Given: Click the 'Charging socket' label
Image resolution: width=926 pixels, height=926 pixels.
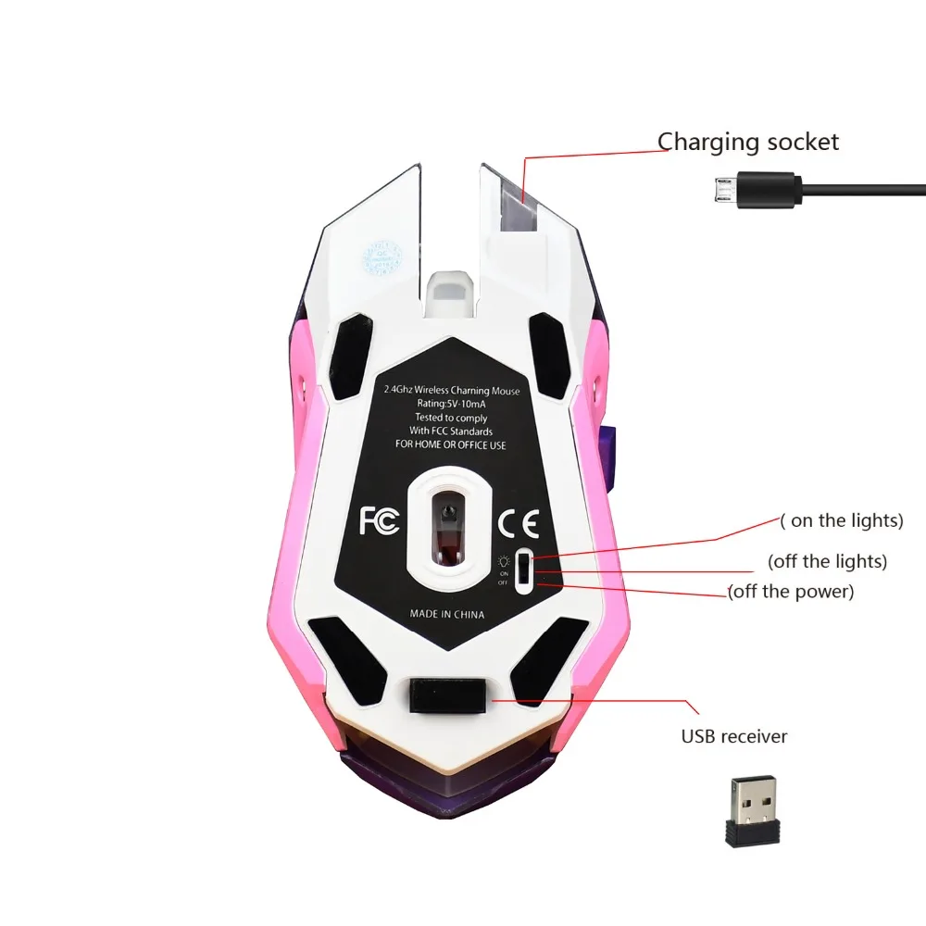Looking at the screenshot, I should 748,142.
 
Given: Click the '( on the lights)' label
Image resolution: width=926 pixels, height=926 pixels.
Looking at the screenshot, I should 841,520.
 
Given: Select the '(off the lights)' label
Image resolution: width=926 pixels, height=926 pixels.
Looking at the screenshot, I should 827,561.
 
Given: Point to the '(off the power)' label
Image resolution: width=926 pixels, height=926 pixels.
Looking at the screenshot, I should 790,591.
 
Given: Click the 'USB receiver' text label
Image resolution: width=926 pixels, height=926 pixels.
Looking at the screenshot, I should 734,737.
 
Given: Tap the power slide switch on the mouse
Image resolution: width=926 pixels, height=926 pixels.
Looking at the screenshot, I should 525,568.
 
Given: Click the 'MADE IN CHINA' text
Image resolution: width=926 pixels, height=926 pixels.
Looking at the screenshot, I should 446,614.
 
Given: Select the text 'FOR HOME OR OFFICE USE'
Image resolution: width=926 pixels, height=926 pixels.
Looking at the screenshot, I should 451,444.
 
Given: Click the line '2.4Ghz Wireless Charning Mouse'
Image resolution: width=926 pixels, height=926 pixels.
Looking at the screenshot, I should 452,391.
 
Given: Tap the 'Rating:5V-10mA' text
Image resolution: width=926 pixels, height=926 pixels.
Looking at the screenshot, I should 451,404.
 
